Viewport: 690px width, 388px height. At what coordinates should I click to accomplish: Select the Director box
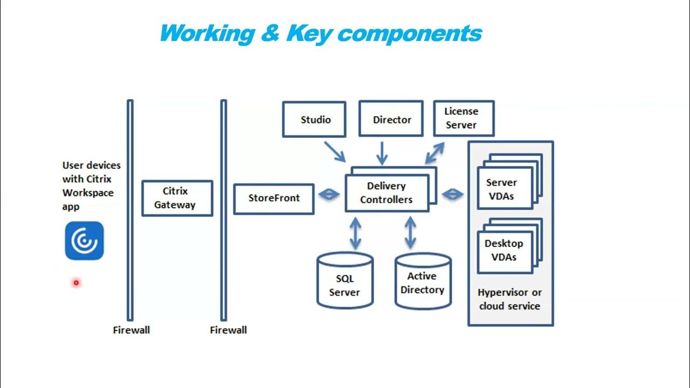[x=391, y=119]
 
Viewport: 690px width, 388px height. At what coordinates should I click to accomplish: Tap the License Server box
[x=463, y=118]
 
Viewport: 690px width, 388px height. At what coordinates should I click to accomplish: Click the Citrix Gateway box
[x=177, y=198]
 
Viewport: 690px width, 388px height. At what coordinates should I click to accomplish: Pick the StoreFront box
[x=274, y=198]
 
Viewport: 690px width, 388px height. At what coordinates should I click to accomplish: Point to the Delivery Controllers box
[x=387, y=193]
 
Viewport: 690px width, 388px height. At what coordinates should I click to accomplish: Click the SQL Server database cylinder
[x=344, y=281]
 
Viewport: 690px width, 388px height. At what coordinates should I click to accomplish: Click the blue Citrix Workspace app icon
[x=84, y=241]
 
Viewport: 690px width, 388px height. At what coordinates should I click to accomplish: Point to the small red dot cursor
[x=76, y=282]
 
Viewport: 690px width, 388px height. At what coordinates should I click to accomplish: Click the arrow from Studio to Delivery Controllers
[x=334, y=151]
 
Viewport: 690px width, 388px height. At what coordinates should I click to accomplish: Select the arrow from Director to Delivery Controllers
[x=382, y=153]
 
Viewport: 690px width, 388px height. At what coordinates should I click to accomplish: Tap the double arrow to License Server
[x=434, y=153]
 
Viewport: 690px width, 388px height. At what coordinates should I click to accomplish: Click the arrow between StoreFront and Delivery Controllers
[x=329, y=195]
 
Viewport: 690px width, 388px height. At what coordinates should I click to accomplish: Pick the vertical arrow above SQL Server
[x=355, y=233]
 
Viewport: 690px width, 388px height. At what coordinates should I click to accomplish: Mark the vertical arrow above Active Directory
[x=410, y=233]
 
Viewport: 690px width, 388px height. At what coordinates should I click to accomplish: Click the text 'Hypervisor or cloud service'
[x=509, y=299]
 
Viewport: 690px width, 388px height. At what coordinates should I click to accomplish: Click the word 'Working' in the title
[x=207, y=33]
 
